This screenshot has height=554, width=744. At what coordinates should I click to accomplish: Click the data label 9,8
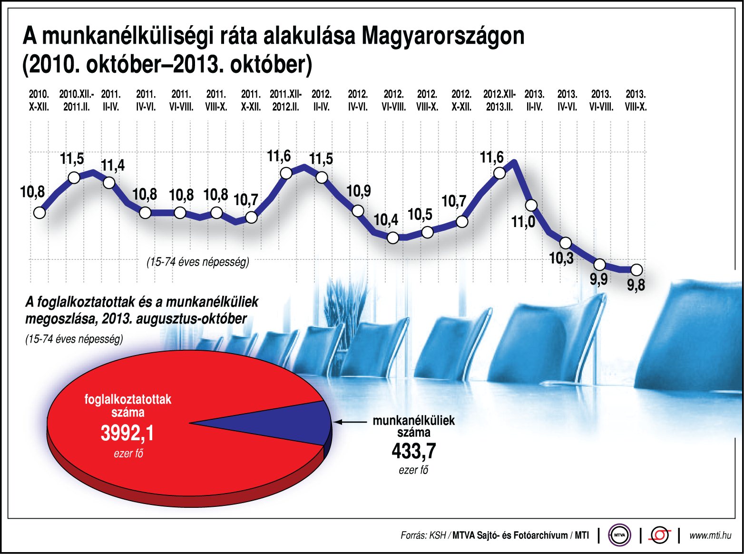(x=636, y=285)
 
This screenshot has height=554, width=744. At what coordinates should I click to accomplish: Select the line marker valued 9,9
(x=600, y=265)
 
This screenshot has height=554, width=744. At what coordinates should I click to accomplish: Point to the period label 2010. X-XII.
(x=39, y=100)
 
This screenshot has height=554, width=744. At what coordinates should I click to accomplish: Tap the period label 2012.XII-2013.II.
(x=499, y=100)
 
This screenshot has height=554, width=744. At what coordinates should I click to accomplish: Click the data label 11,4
(x=113, y=165)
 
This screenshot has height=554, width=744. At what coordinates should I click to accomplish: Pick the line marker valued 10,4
(x=393, y=237)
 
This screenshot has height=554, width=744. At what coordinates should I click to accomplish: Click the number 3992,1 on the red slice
(x=127, y=433)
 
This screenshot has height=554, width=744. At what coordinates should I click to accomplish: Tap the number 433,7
(x=413, y=451)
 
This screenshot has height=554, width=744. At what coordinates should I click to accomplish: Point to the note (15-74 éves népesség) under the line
(x=197, y=262)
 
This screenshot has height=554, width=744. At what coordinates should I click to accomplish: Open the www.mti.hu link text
(x=710, y=535)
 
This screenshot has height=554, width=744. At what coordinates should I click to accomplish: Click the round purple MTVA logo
(x=619, y=535)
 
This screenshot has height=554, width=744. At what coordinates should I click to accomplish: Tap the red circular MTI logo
(x=659, y=535)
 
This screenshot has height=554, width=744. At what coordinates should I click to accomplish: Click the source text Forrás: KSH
(x=423, y=535)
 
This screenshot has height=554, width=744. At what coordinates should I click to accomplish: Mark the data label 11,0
(x=523, y=222)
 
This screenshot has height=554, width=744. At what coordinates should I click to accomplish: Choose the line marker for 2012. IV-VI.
(x=358, y=211)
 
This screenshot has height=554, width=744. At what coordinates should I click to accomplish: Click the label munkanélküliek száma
(x=413, y=426)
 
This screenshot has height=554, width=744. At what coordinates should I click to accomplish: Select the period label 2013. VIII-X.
(x=636, y=100)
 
